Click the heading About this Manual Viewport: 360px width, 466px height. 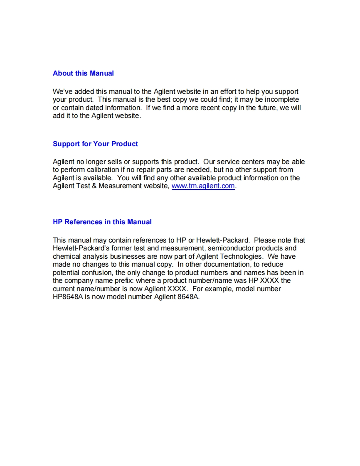click(83, 74)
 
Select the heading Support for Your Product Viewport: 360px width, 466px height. click(95, 144)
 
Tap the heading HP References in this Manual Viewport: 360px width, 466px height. click(102, 222)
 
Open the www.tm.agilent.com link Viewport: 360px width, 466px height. click(203, 186)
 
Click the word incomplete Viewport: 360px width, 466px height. click(282, 100)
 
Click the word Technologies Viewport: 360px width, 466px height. click(241, 257)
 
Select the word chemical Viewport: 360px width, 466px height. click(67, 257)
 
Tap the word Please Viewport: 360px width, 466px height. click(264, 240)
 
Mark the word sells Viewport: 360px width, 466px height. click(115, 162)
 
